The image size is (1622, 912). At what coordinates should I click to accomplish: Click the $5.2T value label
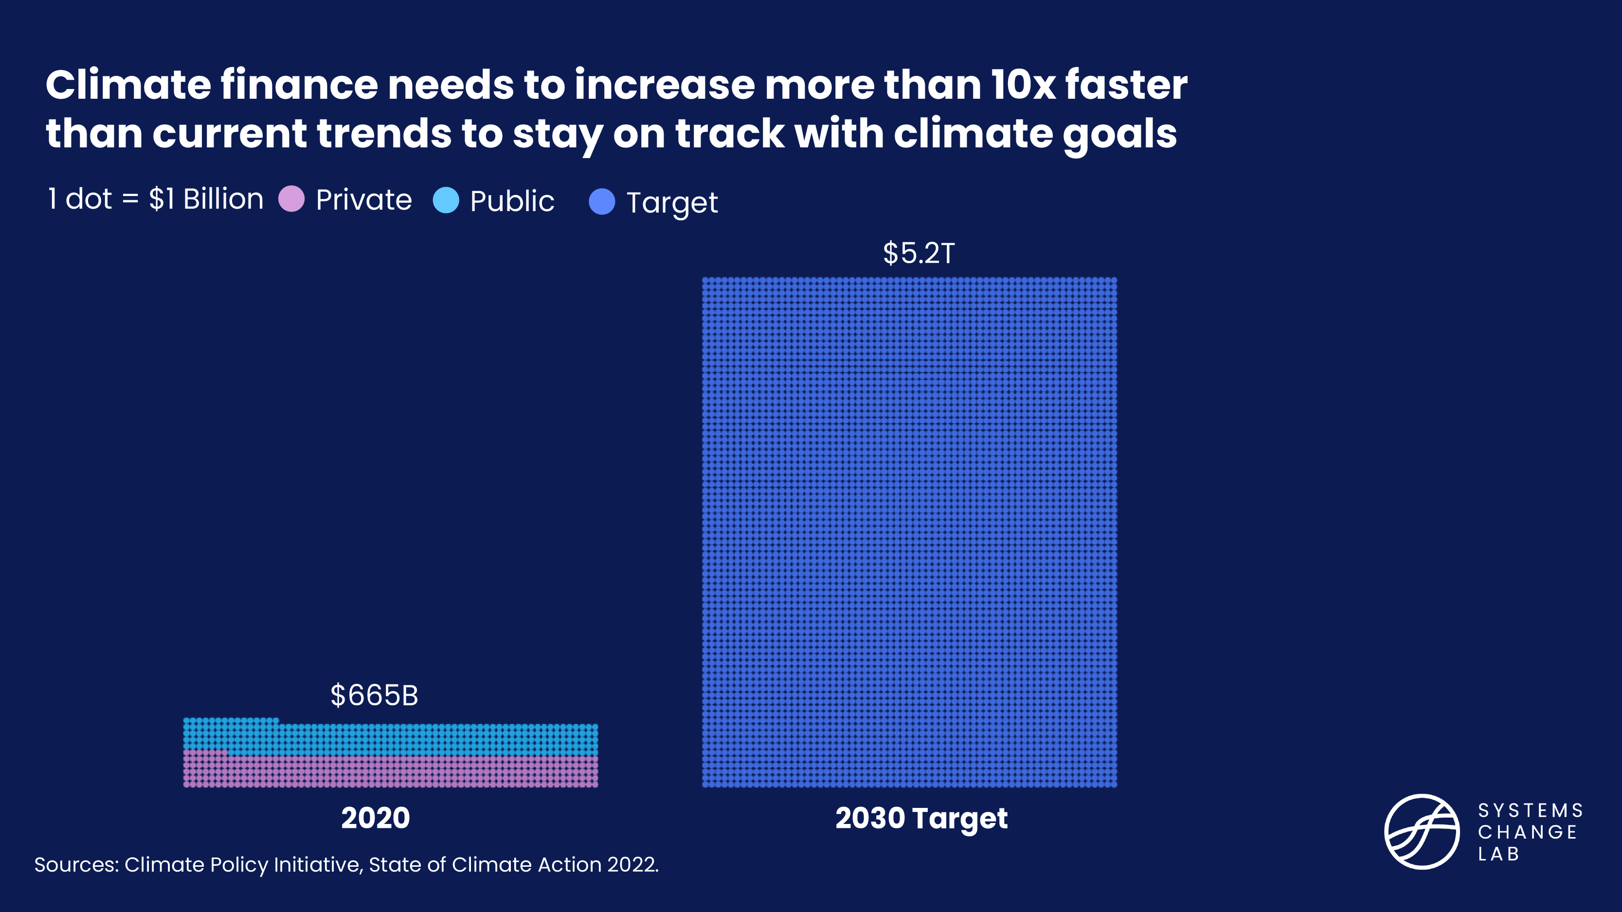pos(919,253)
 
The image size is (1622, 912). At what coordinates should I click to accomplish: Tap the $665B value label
pos(374,696)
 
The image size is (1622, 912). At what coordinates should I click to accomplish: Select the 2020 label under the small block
pos(375,818)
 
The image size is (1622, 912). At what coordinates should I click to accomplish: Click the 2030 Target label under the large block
pos(920,818)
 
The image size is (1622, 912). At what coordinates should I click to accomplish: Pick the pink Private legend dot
pos(291,199)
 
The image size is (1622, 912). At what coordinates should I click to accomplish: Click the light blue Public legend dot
pos(446,200)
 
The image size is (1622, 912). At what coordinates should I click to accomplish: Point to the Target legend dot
pos(601,201)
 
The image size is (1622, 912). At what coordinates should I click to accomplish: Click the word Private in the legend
pos(363,199)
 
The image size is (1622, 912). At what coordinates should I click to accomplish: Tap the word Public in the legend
pos(511,201)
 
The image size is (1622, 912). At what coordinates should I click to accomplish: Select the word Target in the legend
pos(672,203)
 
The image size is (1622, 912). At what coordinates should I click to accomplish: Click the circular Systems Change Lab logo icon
pos(1422,831)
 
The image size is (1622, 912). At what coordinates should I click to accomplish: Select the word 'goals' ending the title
pos(1119,134)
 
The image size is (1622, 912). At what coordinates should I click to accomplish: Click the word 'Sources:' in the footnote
pos(76,865)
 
